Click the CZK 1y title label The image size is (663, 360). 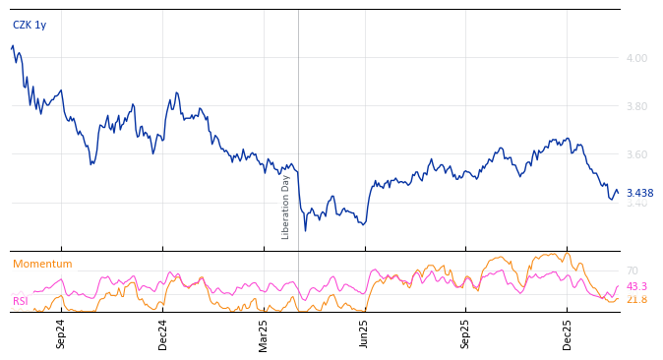(30, 26)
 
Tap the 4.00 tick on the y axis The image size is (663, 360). (636, 58)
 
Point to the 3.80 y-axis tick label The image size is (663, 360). (636, 106)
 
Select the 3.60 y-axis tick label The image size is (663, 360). (636, 154)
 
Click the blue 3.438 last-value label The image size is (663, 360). (639, 194)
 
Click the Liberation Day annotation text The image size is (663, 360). (286, 207)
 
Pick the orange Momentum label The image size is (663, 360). (42, 265)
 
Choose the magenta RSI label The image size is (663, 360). (21, 301)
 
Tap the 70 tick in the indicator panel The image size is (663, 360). (633, 270)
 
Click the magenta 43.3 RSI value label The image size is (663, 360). (636, 286)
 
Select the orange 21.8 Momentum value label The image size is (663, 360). (636, 299)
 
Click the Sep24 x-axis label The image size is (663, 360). (61, 333)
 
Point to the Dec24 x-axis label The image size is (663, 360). (163, 333)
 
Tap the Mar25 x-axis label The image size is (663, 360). (264, 333)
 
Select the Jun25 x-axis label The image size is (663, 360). (365, 333)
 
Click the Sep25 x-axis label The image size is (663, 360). (466, 333)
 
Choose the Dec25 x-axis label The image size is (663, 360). (568, 333)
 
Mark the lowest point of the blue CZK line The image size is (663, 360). (305, 231)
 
